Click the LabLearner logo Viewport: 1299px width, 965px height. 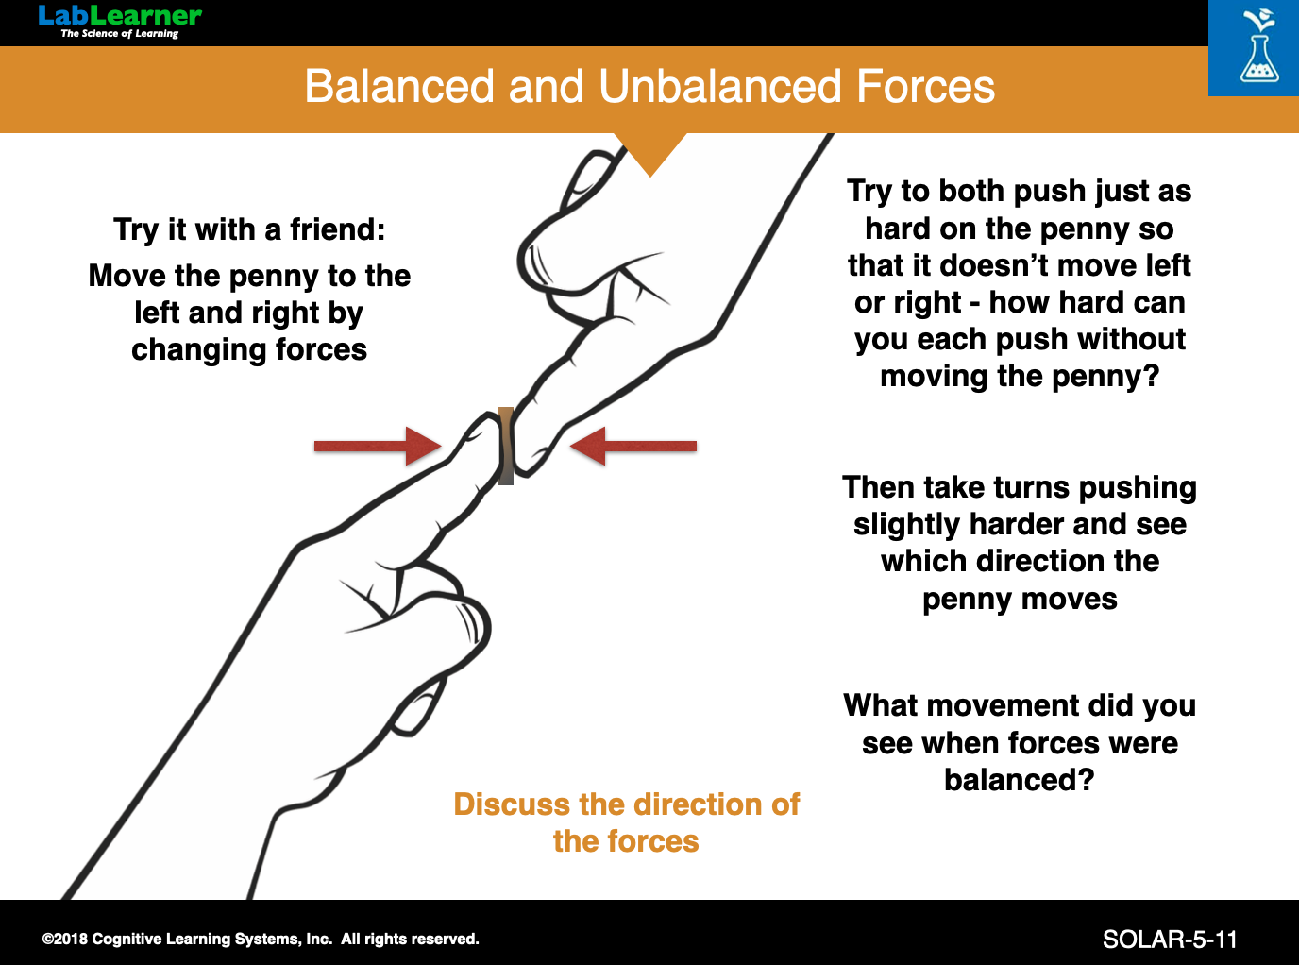pyautogui.click(x=119, y=16)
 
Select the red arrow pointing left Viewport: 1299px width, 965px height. pyautogui.click(x=634, y=446)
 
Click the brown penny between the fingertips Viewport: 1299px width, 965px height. pyautogui.click(x=506, y=446)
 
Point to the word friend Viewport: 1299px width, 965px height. pyautogui.click(x=337, y=229)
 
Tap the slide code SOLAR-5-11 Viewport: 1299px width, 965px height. pyautogui.click(x=1170, y=940)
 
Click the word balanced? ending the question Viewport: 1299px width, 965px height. pyautogui.click(x=1020, y=780)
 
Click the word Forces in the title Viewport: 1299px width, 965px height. pyautogui.click(x=925, y=87)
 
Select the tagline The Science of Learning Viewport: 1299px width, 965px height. pyautogui.click(x=119, y=34)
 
